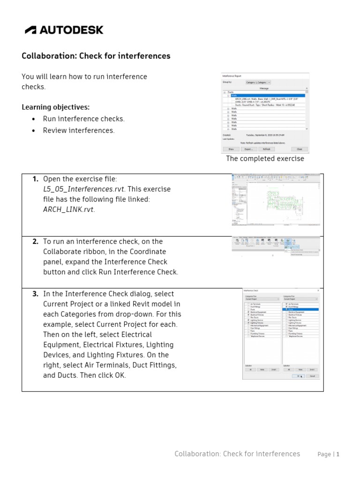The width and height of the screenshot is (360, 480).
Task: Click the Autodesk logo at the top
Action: tap(64, 30)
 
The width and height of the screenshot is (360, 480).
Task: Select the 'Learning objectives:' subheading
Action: tap(55, 107)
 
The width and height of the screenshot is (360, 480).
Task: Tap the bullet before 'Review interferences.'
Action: tap(33, 131)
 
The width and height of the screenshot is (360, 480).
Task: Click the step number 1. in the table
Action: tap(35, 179)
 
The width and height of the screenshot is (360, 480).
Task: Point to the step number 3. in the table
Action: tap(35, 294)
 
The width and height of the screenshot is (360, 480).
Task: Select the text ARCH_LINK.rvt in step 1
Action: tap(68, 210)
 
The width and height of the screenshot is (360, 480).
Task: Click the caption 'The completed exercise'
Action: tap(265, 158)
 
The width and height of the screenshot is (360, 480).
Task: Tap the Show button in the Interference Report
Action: tap(231, 149)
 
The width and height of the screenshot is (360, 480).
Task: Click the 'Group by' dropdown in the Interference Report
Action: tap(258, 82)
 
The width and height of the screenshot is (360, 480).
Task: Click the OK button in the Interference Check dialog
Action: tap(299, 375)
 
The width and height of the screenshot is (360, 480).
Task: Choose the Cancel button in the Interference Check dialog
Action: tap(312, 375)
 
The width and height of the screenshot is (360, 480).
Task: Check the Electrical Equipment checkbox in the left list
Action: tap(248, 312)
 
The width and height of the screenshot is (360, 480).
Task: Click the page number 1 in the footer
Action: tap(337, 454)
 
